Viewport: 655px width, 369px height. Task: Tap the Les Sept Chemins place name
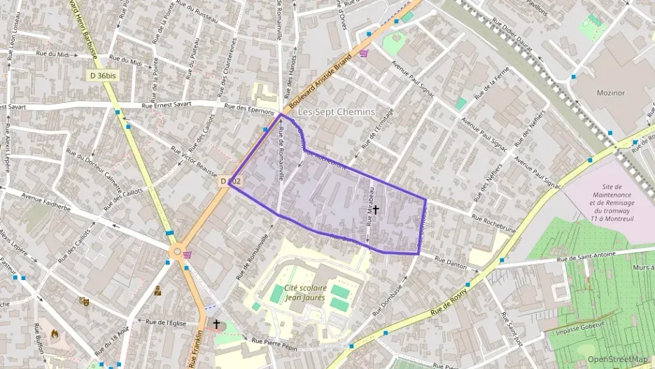(337, 112)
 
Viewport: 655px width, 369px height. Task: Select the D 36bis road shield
(102, 75)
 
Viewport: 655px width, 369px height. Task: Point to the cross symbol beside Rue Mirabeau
(376, 209)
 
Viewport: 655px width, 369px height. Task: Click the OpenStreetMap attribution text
(618, 359)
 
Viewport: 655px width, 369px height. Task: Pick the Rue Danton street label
(451, 261)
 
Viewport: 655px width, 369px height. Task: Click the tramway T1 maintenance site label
(612, 202)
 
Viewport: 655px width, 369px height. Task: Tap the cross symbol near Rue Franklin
(217, 324)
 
